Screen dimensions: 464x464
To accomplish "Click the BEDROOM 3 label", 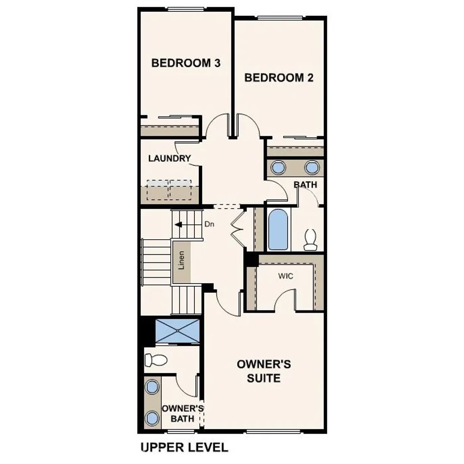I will click(186, 63).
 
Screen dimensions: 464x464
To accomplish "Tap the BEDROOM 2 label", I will click(279, 78).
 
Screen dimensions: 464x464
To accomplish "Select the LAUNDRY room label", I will click(169, 159).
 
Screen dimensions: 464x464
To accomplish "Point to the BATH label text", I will click(305, 185).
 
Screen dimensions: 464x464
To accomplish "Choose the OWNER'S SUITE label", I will click(264, 371).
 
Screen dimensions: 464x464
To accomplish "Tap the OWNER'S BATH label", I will click(183, 413).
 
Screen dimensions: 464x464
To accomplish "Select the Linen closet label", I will click(181, 260).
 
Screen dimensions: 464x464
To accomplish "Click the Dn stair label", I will click(209, 224).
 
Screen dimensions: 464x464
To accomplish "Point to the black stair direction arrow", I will click(179, 224).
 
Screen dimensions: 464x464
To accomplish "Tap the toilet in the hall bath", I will click(310, 240).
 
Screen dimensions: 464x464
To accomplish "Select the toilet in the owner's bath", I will click(155, 360).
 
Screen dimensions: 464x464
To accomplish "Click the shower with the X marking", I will click(177, 331).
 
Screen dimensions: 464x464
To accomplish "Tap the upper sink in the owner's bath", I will click(152, 387).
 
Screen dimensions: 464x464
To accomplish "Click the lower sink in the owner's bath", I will click(152, 418).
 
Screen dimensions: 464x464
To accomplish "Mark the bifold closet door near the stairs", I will click(237, 229).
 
